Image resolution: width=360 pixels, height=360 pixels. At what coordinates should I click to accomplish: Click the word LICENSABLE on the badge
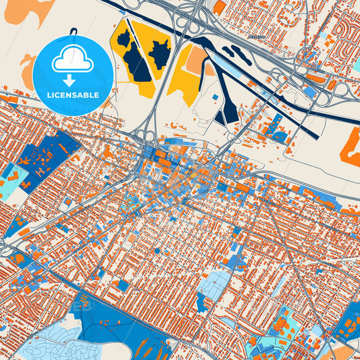[x=72, y=95]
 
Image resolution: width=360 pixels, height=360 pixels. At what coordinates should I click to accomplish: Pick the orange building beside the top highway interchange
[x=220, y=7]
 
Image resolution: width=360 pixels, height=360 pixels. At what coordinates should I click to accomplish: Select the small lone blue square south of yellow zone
[x=215, y=98]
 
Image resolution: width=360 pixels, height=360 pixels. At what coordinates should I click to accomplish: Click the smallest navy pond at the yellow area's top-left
[x=123, y=39]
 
